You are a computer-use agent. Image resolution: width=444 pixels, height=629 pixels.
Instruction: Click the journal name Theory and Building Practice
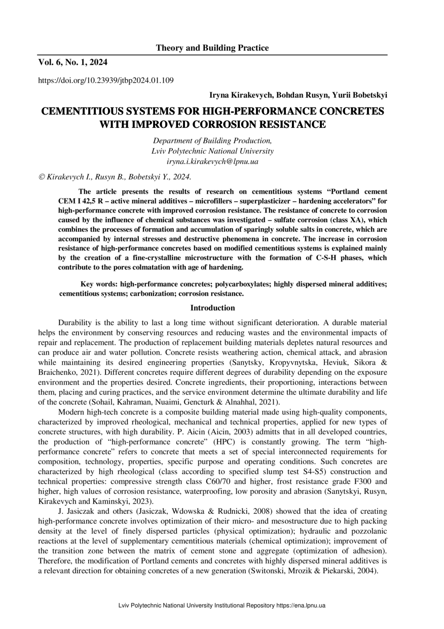coord(212,48)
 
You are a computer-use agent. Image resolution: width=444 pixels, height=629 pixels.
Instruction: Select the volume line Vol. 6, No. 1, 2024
coord(72,62)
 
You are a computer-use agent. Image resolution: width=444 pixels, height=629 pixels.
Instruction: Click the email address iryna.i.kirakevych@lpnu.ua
coord(212,161)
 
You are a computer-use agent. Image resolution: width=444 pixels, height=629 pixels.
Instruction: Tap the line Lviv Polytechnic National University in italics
coord(212,151)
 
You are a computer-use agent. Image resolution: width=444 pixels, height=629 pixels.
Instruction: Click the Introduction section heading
coord(212,308)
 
